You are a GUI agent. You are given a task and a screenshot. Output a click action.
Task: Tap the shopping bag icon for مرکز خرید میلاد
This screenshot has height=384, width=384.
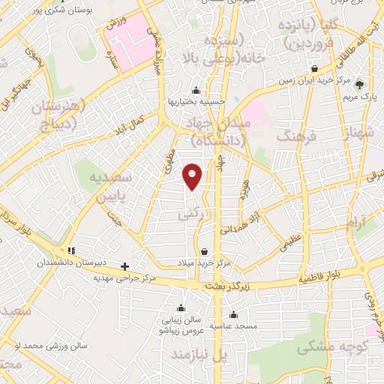pos(205,251)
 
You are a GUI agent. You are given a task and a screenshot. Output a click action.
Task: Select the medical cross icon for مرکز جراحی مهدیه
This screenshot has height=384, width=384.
pos(124,266)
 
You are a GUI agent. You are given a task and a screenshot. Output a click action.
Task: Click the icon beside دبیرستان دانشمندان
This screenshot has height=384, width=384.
pos(71,250)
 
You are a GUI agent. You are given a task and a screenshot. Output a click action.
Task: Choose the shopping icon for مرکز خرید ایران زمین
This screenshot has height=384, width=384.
pos(314,69)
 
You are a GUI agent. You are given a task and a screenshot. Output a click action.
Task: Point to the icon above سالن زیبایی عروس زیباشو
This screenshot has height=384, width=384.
pos(180,307)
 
